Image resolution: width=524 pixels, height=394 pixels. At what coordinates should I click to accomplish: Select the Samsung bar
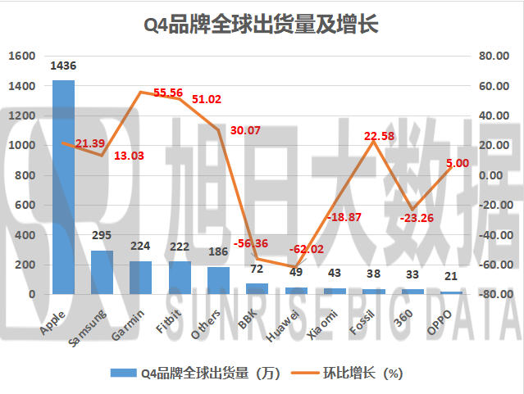(102, 272)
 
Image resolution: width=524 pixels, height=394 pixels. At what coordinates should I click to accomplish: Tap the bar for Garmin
(141, 278)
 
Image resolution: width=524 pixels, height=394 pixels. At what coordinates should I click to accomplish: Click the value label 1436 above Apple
(63, 65)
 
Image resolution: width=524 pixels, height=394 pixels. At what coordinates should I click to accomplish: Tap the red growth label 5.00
(457, 163)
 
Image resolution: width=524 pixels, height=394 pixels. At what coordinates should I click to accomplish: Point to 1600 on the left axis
(22, 56)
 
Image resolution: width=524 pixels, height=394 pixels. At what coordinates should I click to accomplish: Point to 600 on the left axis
(25, 205)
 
